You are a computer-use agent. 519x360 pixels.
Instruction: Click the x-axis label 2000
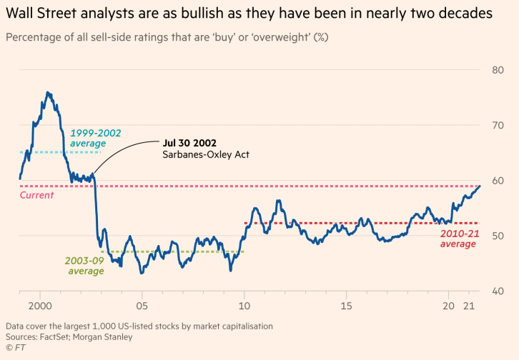tap(40, 305)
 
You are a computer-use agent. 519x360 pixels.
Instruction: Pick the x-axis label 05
tap(142, 305)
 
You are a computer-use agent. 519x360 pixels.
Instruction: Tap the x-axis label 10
tap(244, 305)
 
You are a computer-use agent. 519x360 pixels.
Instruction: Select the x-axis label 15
tap(346, 305)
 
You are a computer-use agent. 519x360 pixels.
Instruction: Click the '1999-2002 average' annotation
tap(95, 138)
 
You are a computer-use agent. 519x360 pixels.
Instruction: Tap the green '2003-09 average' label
tap(84, 265)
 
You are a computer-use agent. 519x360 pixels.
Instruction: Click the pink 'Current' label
tap(36, 195)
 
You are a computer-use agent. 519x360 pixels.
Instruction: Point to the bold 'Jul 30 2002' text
tap(189, 143)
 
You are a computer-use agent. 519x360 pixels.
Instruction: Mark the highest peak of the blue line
tap(48, 92)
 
